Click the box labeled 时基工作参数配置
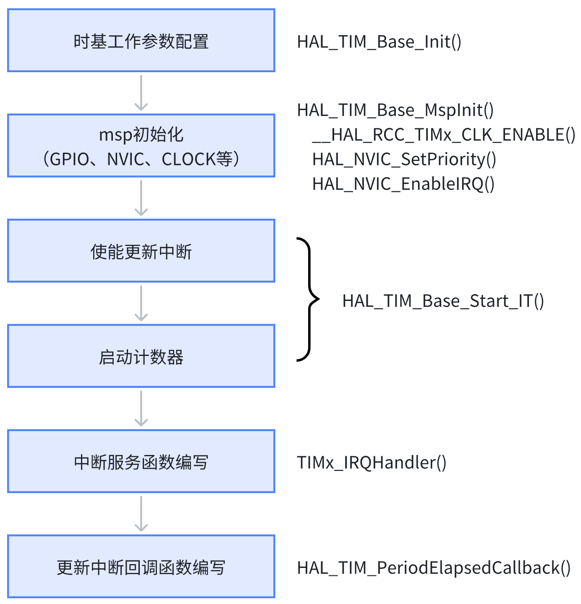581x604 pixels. click(x=141, y=41)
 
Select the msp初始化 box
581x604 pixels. click(x=141, y=146)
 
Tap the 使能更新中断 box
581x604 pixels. click(x=141, y=251)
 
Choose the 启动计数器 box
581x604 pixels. click(x=141, y=356)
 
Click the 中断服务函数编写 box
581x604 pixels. click(x=141, y=462)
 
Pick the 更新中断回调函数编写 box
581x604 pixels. click(x=141, y=567)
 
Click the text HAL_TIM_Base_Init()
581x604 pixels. click(x=379, y=42)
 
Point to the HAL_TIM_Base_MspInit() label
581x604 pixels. click(x=395, y=110)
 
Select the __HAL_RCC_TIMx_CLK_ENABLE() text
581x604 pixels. click(x=444, y=135)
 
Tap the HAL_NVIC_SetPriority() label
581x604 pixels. click(x=404, y=159)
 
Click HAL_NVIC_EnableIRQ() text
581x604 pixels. click(x=403, y=184)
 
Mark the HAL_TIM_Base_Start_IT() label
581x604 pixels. click(x=443, y=301)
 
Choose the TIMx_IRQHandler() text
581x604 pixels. click(x=372, y=463)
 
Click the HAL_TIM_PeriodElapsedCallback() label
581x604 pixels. click(x=434, y=568)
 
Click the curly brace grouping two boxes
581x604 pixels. click(x=310, y=299)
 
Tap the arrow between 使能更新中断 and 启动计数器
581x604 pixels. click(x=141, y=303)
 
